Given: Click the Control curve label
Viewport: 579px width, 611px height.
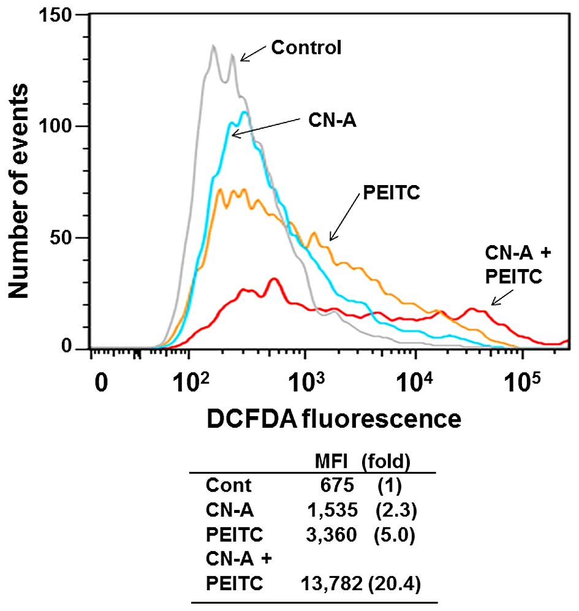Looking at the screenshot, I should click(306, 48).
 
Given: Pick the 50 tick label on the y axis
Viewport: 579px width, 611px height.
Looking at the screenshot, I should click(69, 238).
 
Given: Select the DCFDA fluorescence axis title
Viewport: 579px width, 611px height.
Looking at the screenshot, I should click(334, 419).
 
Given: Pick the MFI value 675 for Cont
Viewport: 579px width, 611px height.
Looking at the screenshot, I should click(337, 486).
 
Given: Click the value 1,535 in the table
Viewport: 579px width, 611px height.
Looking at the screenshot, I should click(331, 510).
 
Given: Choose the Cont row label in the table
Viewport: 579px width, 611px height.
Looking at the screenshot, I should click(229, 486).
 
